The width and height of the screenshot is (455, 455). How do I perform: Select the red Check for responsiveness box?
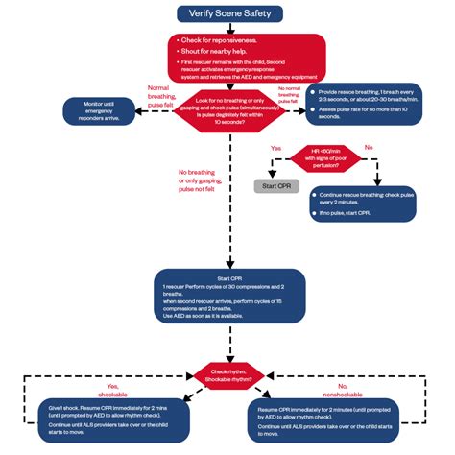[x=227, y=55]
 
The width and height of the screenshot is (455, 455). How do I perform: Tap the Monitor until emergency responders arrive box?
[x=104, y=110]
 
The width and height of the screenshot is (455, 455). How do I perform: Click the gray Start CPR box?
[x=271, y=184]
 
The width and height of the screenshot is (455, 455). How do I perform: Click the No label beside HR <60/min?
[x=369, y=149]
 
